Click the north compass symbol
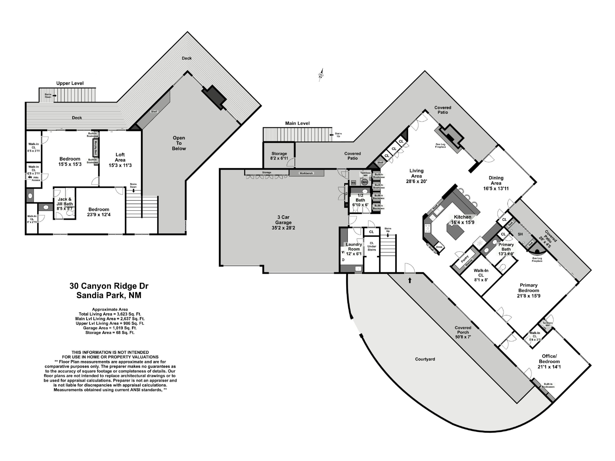tap(321, 75)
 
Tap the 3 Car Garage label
tap(283, 222)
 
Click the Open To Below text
tap(179, 143)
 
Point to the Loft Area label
tap(120, 160)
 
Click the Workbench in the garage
tap(306, 173)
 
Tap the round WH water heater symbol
tap(364, 182)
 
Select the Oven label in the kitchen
tap(439, 247)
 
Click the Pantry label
tap(465, 259)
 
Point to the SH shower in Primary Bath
tap(520, 234)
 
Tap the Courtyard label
tap(425, 359)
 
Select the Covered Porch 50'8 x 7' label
tap(463, 332)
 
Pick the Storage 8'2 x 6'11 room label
tap(279, 156)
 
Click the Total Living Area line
tap(110, 314)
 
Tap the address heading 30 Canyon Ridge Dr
tap(109, 286)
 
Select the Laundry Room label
tap(354, 246)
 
